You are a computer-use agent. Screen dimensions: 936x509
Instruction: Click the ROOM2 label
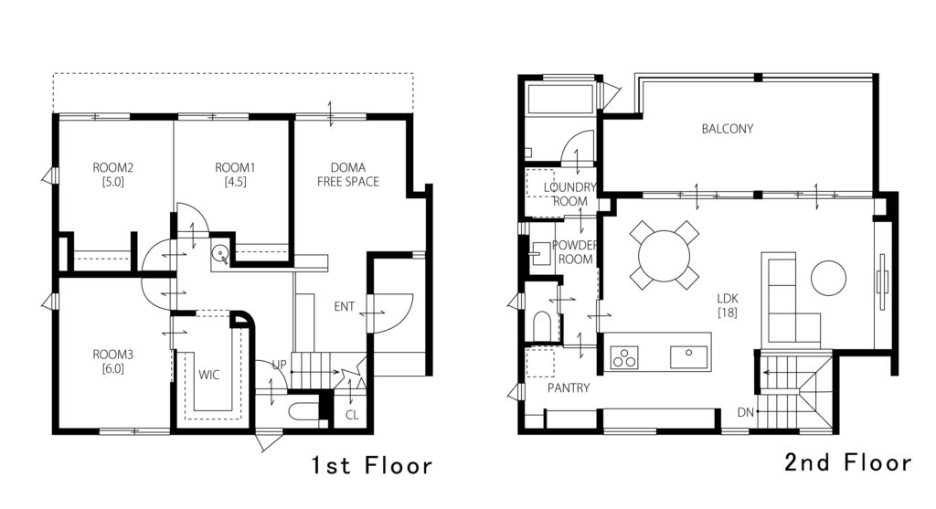click(x=112, y=167)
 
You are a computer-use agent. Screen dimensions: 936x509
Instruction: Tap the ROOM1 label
click(x=235, y=167)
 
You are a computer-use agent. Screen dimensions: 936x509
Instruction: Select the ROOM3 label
click(x=112, y=355)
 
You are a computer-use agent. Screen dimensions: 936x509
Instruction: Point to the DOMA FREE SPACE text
click(x=348, y=175)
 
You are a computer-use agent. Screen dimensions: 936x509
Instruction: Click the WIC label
click(x=209, y=375)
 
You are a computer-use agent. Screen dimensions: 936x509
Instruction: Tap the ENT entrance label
click(x=345, y=307)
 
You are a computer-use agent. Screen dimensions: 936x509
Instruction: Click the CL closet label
click(x=352, y=414)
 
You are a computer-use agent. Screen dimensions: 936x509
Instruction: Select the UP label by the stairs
click(x=280, y=364)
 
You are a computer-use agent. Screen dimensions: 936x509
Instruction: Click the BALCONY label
click(x=727, y=128)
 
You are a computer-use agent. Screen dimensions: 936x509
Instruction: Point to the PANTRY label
click(x=569, y=387)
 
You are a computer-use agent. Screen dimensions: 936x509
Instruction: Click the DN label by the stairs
click(x=746, y=412)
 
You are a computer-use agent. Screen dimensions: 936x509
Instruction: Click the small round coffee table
click(x=828, y=278)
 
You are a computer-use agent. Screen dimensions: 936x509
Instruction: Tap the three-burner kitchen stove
click(x=624, y=357)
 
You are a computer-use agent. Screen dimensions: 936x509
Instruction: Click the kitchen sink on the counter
click(x=689, y=356)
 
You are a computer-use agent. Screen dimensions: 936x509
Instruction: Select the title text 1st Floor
click(x=371, y=465)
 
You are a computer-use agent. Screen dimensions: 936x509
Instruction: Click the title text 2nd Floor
click(x=848, y=462)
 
